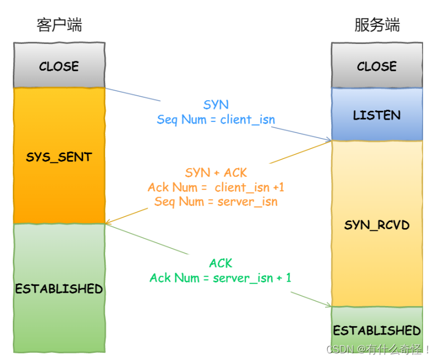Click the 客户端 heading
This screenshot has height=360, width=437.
point(59,25)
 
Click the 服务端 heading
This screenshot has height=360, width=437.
point(377,25)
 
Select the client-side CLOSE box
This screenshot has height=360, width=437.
point(59,66)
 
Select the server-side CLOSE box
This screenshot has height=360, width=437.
point(377,66)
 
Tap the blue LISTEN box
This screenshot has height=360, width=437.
point(377,115)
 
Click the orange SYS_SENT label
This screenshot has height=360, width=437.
point(59,157)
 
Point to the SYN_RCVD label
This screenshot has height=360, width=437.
point(377,225)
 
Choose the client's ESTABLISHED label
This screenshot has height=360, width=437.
point(59,289)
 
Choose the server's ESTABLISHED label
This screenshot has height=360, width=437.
point(377,331)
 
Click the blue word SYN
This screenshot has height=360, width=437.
point(215,105)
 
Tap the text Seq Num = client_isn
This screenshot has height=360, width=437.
point(216,120)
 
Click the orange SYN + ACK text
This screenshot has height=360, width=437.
point(216,173)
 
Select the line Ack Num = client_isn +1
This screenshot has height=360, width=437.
point(216,188)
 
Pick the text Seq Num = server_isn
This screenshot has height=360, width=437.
point(216,201)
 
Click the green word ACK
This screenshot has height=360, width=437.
point(220,263)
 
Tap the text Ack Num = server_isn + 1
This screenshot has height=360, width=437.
point(220,278)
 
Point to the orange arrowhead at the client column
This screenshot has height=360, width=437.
point(109,223)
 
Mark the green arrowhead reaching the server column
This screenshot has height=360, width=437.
point(328,305)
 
